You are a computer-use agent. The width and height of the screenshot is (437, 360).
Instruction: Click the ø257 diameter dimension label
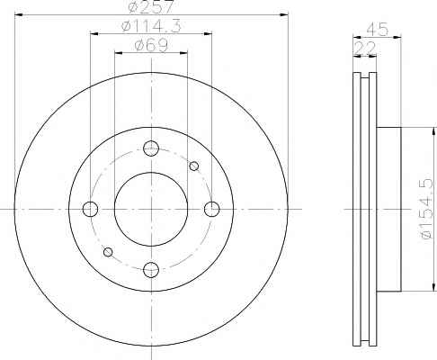click(x=151, y=6)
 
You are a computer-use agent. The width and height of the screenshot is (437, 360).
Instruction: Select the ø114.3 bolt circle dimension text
click(x=151, y=26)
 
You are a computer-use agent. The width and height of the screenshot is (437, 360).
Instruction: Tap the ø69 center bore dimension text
click(x=151, y=46)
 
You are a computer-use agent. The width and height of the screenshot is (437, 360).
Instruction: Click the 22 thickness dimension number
click(x=365, y=48)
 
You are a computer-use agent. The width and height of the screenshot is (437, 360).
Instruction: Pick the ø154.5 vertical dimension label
click(x=426, y=209)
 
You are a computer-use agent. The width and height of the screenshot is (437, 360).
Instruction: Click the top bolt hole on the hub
click(x=151, y=148)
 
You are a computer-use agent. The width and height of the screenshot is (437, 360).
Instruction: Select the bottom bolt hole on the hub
click(x=151, y=270)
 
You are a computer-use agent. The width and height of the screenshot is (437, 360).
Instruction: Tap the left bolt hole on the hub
click(x=90, y=209)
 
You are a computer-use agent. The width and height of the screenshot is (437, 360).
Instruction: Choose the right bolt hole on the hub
click(x=212, y=209)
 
